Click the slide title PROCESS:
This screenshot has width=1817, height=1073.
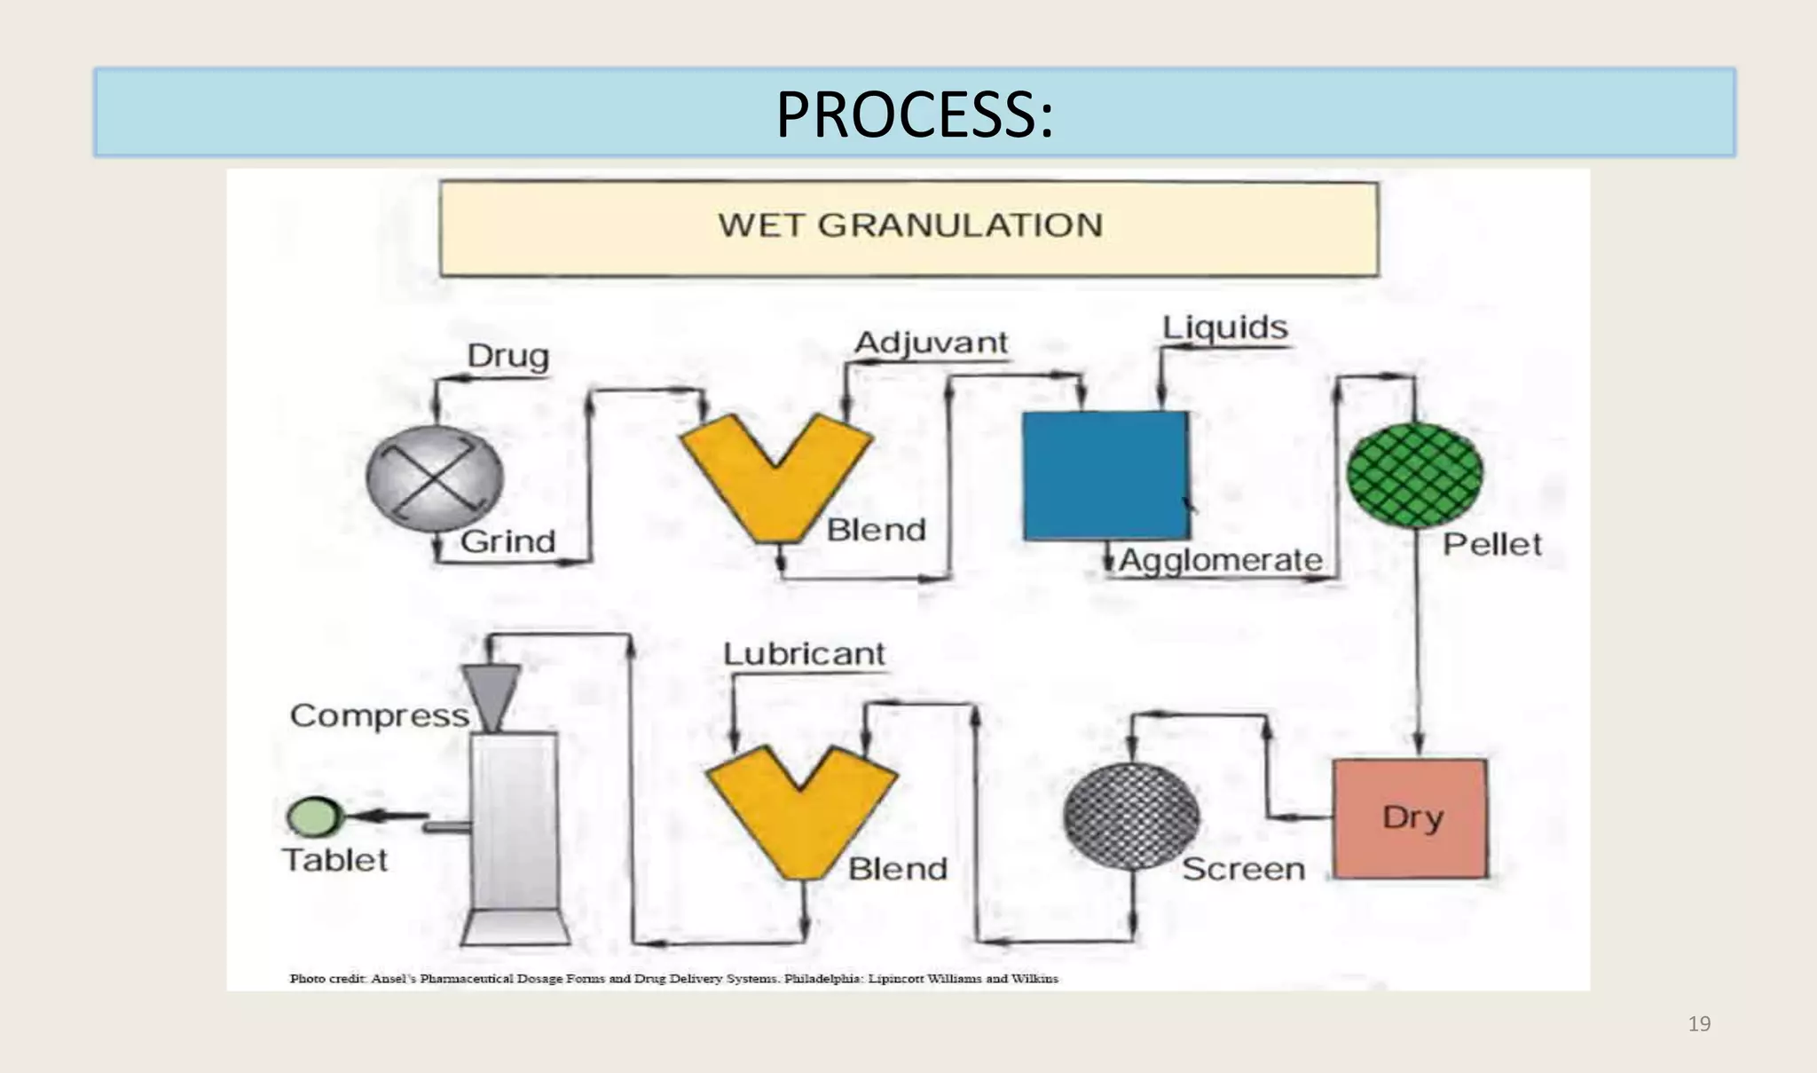point(914,115)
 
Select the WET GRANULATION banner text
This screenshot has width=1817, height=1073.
point(910,225)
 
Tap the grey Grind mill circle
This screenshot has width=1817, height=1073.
point(435,478)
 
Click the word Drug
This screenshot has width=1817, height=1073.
point(507,356)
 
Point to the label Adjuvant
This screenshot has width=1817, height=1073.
point(931,343)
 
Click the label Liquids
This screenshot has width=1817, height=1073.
point(1224,327)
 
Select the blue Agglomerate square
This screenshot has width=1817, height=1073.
point(1105,475)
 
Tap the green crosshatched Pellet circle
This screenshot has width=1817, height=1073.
point(1414,476)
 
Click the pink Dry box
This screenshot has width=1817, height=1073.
point(1411,818)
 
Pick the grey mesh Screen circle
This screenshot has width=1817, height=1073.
point(1131,816)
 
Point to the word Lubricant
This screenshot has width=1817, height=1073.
point(804,654)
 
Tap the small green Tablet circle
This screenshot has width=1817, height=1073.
point(314,817)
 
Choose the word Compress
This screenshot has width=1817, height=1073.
point(379,715)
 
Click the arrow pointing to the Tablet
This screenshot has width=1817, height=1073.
point(390,816)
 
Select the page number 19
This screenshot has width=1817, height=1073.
point(1698,1024)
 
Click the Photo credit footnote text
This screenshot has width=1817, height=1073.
point(674,978)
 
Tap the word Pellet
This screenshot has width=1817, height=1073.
point(1491,544)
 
